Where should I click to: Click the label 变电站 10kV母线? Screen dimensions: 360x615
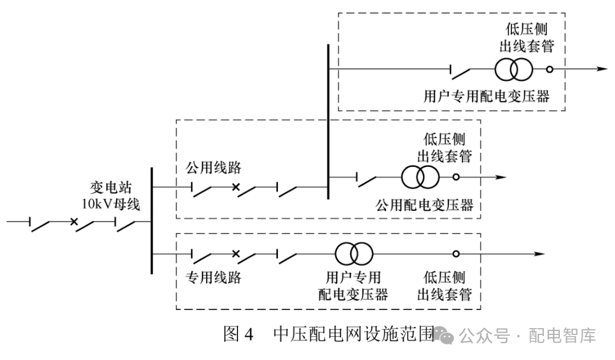tap(115, 195)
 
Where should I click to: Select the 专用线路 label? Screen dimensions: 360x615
tap(214, 277)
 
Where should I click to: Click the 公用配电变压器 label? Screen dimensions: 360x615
tap(425, 205)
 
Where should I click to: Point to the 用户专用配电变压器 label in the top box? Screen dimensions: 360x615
tap(487, 96)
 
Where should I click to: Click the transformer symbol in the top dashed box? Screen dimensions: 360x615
tap(514, 69)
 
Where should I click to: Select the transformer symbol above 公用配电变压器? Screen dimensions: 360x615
tap(420, 177)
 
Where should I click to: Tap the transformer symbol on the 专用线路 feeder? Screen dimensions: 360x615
tap(354, 253)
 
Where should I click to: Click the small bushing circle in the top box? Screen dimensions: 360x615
tap(550, 69)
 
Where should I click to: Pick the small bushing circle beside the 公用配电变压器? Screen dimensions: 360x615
tap(456, 177)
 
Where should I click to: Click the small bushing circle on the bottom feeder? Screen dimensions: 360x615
tap(456, 254)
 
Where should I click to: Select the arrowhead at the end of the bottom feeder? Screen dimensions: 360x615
tap(537, 254)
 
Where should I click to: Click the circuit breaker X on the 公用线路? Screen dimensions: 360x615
tap(235, 186)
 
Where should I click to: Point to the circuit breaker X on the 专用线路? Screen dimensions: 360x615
tap(235, 254)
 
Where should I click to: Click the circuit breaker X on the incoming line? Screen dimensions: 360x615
tap(73, 221)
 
